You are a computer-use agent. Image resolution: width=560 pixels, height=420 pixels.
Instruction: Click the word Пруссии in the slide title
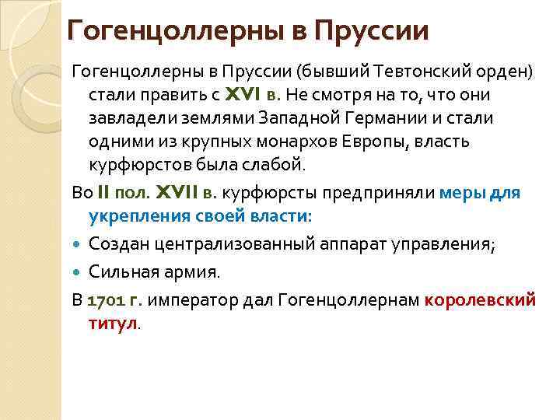tap(372, 30)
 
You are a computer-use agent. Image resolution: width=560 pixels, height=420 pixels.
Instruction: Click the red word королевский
tap(481, 299)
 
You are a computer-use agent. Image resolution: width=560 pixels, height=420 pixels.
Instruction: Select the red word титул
tap(112, 323)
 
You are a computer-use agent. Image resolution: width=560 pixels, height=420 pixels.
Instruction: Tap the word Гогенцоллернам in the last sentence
tap(340, 299)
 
